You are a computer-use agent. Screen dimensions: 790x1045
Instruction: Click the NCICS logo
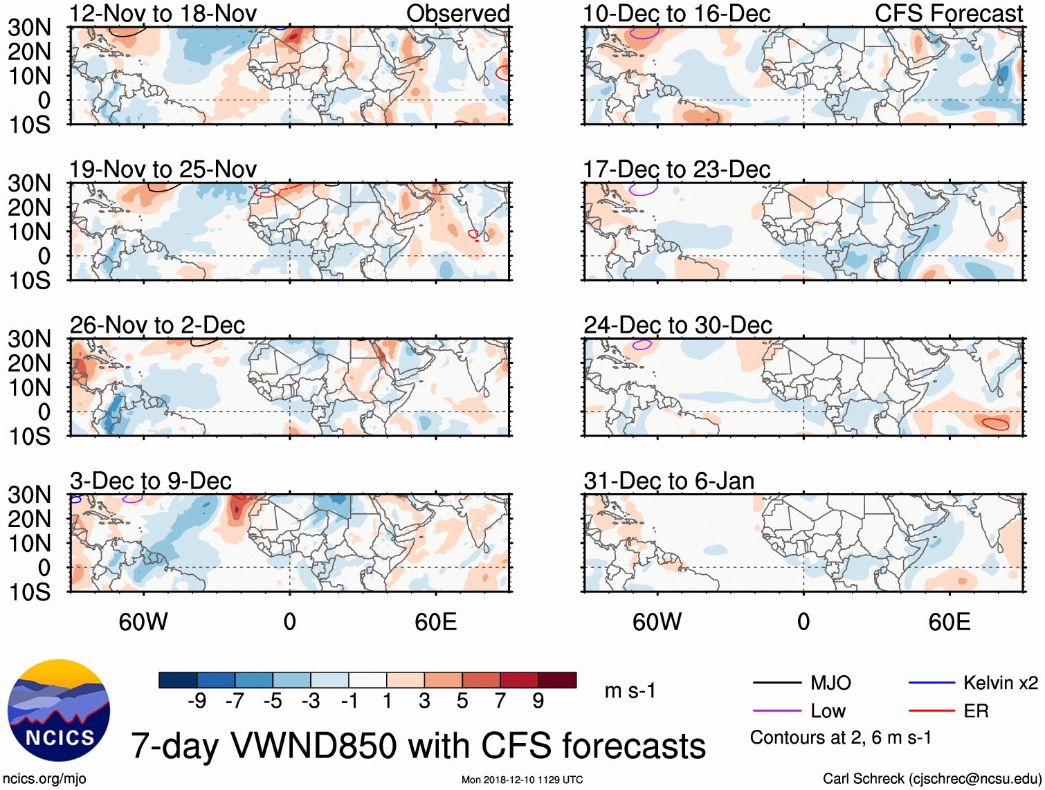click(x=59, y=710)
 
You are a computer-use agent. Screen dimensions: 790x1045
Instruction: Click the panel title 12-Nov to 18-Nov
click(x=163, y=13)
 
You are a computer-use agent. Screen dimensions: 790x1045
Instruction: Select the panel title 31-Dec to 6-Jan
click(x=669, y=481)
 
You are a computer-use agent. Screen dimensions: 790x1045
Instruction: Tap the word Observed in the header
click(x=457, y=13)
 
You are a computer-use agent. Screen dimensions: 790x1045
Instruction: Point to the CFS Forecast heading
click(x=948, y=13)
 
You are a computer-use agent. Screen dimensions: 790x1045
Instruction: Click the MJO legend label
click(x=830, y=683)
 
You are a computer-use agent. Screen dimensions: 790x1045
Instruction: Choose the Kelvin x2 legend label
click(x=1000, y=683)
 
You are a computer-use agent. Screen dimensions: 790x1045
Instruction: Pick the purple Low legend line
click(x=776, y=711)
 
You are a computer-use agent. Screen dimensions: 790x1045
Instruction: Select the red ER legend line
click(x=932, y=711)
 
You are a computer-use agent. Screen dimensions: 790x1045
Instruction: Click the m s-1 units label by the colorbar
click(x=630, y=690)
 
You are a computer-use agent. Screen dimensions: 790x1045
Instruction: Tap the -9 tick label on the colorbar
click(x=197, y=701)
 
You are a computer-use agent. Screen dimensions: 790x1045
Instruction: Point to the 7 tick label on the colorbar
click(x=500, y=701)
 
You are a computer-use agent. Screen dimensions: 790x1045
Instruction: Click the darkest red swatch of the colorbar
click(x=557, y=680)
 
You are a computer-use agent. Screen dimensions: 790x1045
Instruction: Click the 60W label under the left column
click(x=143, y=622)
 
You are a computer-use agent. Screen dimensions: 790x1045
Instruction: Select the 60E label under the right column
click(x=949, y=622)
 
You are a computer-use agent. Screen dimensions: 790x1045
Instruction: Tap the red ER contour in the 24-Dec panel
click(x=995, y=423)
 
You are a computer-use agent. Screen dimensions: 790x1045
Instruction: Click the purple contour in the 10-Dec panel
click(x=644, y=33)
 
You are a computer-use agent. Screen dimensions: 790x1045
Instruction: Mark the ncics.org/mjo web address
click(x=44, y=779)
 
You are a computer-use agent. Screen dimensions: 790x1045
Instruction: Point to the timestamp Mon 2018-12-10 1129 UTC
click(x=522, y=780)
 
